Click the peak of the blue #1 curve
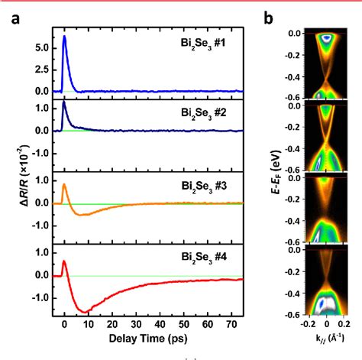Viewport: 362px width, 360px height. (x=64, y=37)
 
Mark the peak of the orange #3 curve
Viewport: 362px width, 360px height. (x=64, y=184)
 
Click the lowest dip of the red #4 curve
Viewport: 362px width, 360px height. (x=84, y=312)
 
